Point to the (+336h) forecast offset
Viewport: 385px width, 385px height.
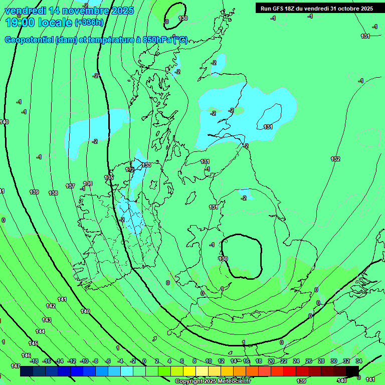(89, 23)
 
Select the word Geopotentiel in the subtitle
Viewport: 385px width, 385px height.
(28, 40)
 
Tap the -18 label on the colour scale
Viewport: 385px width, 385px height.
(34, 361)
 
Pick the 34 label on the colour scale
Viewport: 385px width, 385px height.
(358, 361)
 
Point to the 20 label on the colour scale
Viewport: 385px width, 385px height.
(271, 361)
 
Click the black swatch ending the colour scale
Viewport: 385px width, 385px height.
(352, 371)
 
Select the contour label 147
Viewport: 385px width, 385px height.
(15, 366)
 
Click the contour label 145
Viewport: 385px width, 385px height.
(33, 343)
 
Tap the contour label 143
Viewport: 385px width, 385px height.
(47, 320)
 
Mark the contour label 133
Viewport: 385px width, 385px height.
(146, 165)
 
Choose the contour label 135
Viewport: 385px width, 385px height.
(109, 177)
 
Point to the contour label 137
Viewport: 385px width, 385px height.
(70, 186)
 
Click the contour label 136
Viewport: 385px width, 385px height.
(88, 184)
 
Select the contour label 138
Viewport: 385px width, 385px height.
(53, 193)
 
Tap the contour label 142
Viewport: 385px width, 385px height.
(51, 306)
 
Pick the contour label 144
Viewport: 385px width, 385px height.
(40, 331)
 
